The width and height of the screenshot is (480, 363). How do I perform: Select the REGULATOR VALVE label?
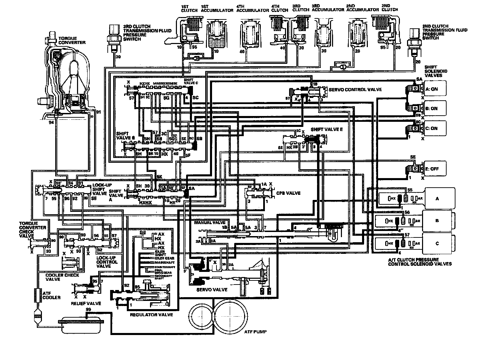[x=151, y=315]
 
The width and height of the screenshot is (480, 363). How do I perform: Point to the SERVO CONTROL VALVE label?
[x=355, y=89]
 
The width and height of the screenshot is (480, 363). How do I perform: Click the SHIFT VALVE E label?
[x=327, y=130]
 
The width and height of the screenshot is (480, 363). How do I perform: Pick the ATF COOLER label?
[x=51, y=295]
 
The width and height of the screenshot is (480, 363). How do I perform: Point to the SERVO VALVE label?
[x=212, y=290]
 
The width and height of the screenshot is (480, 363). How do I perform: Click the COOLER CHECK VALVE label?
[x=62, y=277]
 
